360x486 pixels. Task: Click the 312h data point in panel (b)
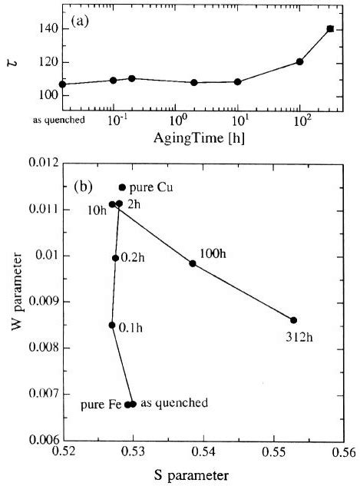[x=293, y=320]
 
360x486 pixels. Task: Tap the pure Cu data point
[x=122, y=187]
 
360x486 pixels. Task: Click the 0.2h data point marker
[x=115, y=258]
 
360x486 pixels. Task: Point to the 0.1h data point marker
[x=112, y=325]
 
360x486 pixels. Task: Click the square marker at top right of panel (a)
[x=330, y=28]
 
